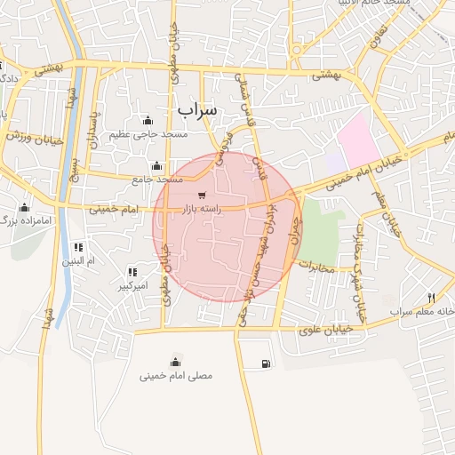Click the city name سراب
[196, 109]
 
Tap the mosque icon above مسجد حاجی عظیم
[148, 121]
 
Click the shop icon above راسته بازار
[203, 196]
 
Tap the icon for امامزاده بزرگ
[24, 207]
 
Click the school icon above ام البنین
[78, 247]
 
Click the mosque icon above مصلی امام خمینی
[175, 361]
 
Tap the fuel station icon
[266, 363]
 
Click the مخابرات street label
[315, 266]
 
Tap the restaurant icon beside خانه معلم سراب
[431, 298]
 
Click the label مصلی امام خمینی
[176, 376]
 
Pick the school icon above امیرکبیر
[132, 273]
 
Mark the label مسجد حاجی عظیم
[148, 135]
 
